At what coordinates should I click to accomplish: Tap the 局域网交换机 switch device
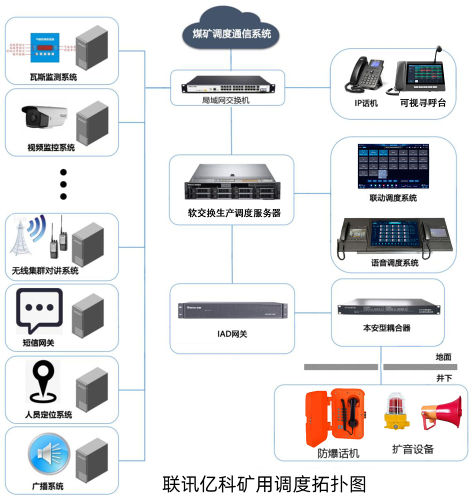click(x=227, y=85)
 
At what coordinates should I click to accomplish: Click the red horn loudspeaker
click(x=440, y=412)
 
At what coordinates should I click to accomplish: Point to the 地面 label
click(x=443, y=356)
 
